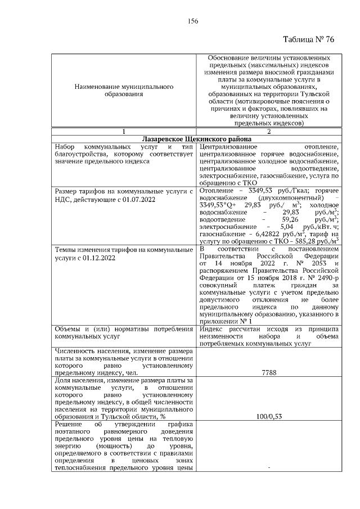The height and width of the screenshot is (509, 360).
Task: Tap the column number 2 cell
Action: [x=268, y=131]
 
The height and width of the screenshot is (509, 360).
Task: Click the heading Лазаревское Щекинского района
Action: [x=195, y=139]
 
